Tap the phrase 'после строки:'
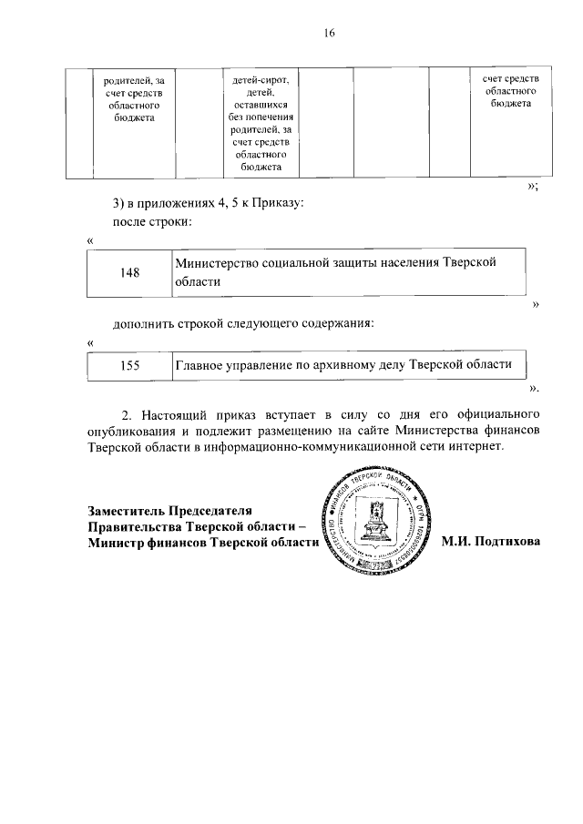[150, 221]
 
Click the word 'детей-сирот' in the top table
[261, 82]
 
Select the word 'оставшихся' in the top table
[261, 106]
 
